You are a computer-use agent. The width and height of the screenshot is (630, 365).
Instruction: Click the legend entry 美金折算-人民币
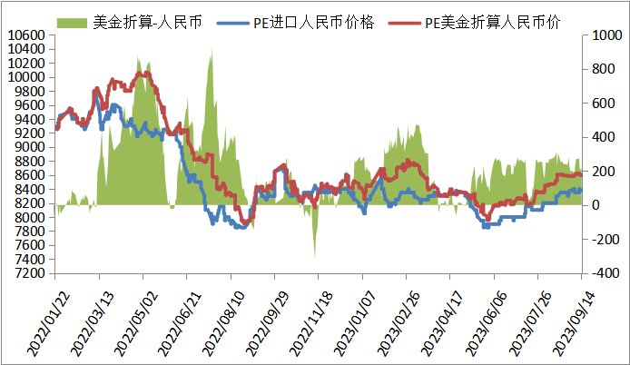tap(146, 20)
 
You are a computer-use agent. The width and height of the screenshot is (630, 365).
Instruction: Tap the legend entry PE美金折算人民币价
tap(491, 20)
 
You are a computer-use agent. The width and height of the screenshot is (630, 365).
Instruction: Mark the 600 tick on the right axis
tap(599, 104)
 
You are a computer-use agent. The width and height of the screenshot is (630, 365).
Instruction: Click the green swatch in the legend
tap(73, 20)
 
